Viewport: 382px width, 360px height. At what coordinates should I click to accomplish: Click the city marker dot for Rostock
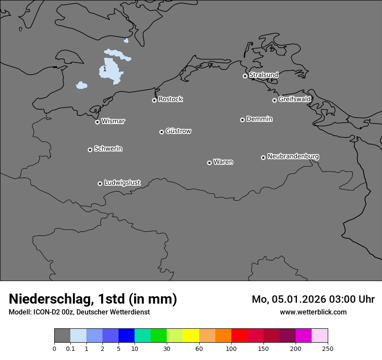[x=154, y=100]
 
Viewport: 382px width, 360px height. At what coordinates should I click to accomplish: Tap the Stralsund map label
[x=263, y=75]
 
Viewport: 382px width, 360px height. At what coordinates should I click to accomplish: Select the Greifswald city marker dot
[x=274, y=100]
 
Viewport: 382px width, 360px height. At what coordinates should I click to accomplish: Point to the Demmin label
[x=259, y=119]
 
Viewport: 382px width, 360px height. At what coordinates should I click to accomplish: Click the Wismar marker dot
[x=97, y=122]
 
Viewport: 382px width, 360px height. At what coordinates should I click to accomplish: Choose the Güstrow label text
[x=178, y=131]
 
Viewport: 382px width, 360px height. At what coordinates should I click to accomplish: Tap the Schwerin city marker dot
[x=90, y=150]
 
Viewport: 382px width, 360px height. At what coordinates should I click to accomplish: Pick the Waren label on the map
[x=223, y=162]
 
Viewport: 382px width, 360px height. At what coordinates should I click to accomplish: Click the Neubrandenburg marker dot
[x=263, y=157]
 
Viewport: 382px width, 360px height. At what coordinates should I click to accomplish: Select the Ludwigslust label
[x=122, y=183]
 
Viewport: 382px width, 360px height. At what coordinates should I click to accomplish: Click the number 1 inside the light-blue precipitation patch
[x=105, y=69]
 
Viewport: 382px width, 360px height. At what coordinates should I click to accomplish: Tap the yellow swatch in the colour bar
[x=191, y=335]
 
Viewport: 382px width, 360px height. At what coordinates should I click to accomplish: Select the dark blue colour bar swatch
[x=126, y=335]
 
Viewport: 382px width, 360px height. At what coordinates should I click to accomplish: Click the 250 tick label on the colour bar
[x=328, y=348]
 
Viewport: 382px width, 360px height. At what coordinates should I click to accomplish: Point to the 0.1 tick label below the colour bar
[x=70, y=348]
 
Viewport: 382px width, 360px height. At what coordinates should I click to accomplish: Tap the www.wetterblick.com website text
[x=313, y=312]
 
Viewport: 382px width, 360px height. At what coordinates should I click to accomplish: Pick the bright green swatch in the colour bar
[x=158, y=335]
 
